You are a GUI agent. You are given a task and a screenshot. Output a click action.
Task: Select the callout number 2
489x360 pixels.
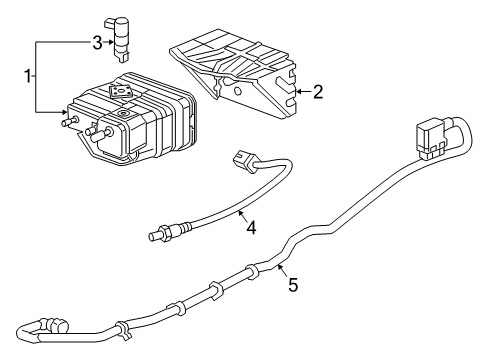(317, 93)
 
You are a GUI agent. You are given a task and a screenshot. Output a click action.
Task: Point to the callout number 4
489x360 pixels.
(251, 227)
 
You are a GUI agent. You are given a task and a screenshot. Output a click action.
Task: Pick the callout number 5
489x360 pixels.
(293, 285)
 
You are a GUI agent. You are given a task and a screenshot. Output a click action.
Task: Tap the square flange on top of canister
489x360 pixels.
(122, 92)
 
